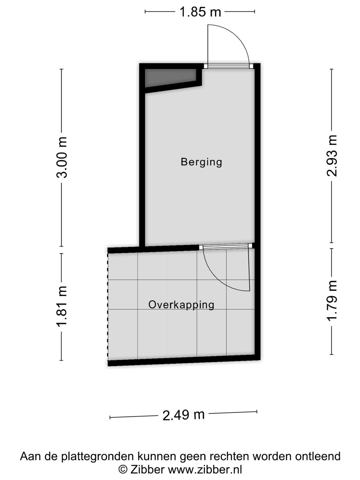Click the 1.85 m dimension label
200,12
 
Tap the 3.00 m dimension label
62,157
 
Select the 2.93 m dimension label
332,156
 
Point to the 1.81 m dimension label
62,306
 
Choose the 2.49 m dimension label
183,415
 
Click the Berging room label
201,162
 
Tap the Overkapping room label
181,305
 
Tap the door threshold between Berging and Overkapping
226,247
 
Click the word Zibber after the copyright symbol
147,470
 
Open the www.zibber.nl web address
205,470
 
